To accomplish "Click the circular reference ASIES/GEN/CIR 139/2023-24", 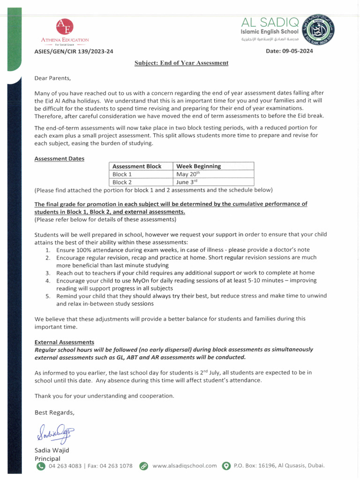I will click(74, 51).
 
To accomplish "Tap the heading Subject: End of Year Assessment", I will click(181, 62).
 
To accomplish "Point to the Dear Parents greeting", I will click(52, 78).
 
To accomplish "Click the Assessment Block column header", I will click(137, 166).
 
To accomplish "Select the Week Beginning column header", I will click(198, 166).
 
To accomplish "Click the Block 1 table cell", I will click(122, 174).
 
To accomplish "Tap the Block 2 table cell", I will click(122, 182).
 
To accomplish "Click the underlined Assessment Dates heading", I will click(60, 158).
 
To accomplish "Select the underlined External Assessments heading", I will click(64, 342).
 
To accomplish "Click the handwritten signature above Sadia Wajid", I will click(53, 434).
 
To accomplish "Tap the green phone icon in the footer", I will click(41, 466).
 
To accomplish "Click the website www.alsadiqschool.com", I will click(185, 466).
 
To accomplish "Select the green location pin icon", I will click(226, 466).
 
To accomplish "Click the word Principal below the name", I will click(47, 458).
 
